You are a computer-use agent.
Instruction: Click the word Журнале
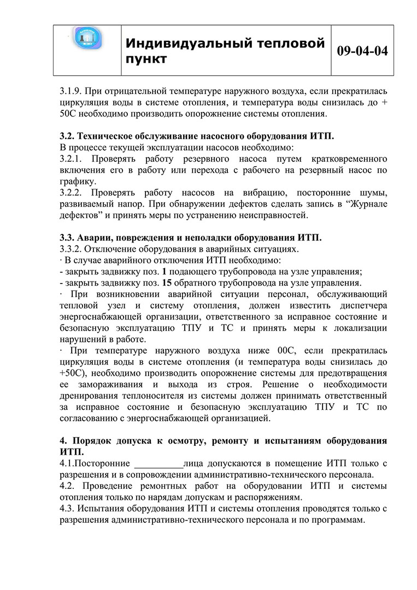point(366,204)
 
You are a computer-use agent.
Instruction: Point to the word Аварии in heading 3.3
point(95,238)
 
